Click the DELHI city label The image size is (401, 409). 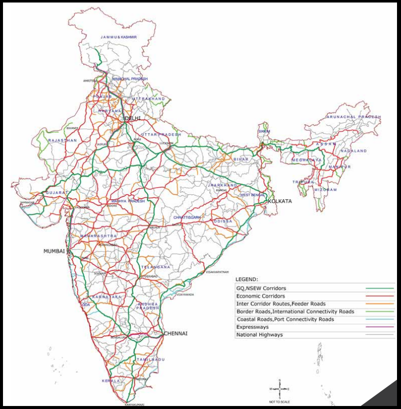tap(132, 118)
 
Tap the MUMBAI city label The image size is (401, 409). tap(54, 251)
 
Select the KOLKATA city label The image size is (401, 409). tap(280, 201)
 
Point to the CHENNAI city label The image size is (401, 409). tap(175, 333)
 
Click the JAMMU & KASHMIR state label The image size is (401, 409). tap(118, 37)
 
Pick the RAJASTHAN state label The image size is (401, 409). tap(62, 141)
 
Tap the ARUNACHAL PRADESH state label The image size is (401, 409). tap(353, 117)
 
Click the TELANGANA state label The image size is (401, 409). tap(155, 267)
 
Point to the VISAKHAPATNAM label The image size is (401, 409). tap(217, 272)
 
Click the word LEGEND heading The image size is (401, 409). tap(247, 279)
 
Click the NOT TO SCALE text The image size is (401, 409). tap(279, 401)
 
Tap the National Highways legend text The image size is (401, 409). tap(259, 334)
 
